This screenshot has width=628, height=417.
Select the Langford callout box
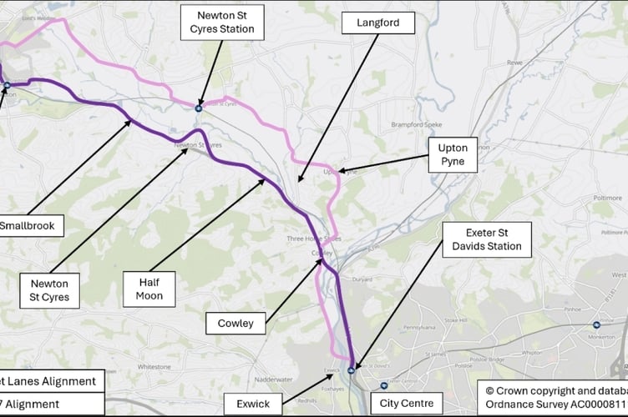point(378,23)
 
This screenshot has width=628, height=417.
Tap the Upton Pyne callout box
point(453,156)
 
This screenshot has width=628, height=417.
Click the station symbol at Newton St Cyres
point(199,107)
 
